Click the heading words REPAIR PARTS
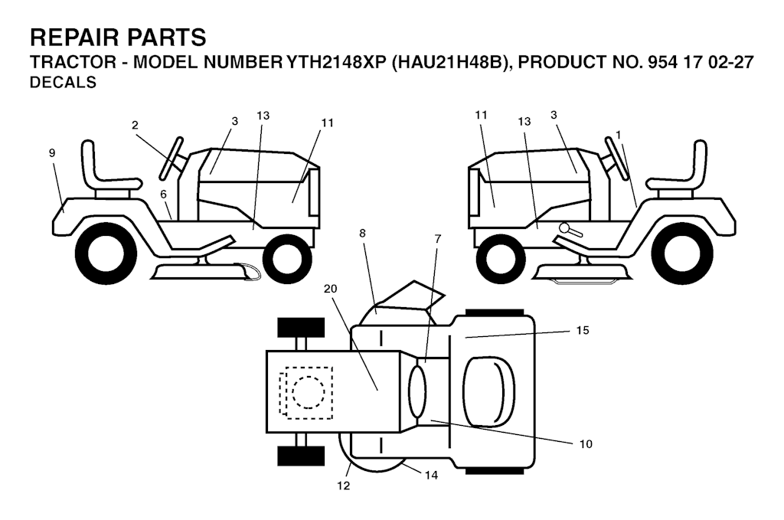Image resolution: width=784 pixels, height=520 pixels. click(x=118, y=38)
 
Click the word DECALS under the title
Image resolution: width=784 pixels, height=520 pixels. click(x=63, y=82)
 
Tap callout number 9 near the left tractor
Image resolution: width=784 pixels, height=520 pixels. click(x=52, y=153)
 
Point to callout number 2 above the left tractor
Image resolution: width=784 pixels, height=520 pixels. click(x=135, y=125)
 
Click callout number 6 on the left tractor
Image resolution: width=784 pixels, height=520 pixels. click(x=164, y=195)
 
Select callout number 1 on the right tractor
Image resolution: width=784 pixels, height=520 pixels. click(x=619, y=135)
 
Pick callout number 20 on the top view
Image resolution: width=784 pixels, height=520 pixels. click(x=331, y=289)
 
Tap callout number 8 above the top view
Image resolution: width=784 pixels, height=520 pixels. click(x=362, y=233)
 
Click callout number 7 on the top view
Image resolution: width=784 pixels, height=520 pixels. click(x=438, y=239)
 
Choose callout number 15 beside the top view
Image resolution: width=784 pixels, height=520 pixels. click(x=583, y=330)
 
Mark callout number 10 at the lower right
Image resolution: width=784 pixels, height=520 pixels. click(x=586, y=443)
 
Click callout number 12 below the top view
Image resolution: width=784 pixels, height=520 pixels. click(x=344, y=486)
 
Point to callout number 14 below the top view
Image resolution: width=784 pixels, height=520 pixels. click(x=431, y=475)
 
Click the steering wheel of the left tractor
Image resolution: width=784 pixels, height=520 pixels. click(x=171, y=158)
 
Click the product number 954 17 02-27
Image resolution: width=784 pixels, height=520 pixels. click(x=700, y=62)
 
